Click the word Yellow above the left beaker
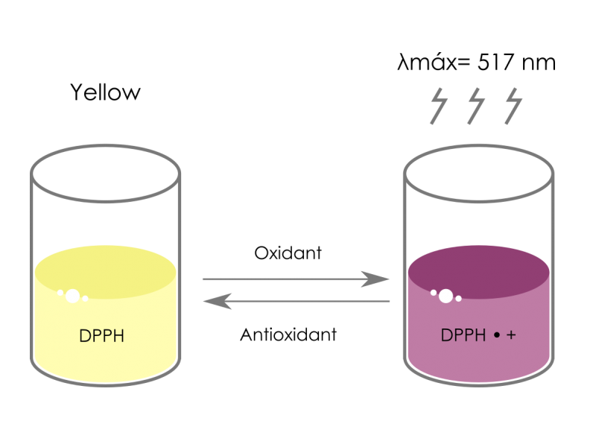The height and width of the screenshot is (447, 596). coord(105,92)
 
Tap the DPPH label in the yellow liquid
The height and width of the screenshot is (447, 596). coord(101,336)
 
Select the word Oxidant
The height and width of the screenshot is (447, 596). coord(288,253)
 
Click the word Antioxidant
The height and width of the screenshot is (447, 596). coord(288,335)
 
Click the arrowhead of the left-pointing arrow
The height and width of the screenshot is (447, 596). coord(218,301)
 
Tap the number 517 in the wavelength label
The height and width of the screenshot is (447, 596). coord(495,63)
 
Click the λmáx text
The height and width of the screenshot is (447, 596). coord(427,63)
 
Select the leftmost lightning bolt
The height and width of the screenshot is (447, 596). coord(439,106)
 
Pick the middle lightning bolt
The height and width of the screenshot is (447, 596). coord(476,106)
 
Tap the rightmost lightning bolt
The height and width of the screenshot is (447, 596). coord(513,106)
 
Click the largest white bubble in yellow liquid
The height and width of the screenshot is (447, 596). coord(72,296)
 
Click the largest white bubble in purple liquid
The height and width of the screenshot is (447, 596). coord(446,296)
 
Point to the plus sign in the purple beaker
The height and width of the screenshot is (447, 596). coord(511,335)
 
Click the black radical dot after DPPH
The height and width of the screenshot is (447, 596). coord(496,335)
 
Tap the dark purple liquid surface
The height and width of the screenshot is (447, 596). coord(478,272)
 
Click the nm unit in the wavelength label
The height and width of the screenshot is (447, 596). coord(539,64)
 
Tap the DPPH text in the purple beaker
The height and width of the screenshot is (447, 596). coord(463,335)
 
